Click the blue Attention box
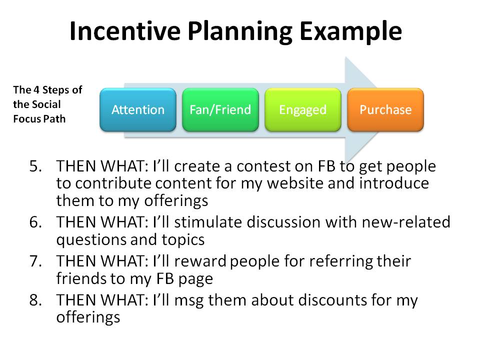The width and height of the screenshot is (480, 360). click(138, 109)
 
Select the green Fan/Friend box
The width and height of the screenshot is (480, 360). click(220, 109)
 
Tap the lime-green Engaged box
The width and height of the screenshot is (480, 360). click(303, 109)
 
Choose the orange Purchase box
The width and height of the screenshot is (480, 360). click(385, 109)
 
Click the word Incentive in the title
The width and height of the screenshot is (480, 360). click(125, 31)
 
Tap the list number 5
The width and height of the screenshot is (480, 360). click(36, 166)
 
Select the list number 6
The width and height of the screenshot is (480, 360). click(36, 222)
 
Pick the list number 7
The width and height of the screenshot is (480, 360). click(36, 261)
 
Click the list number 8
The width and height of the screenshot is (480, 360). click(36, 300)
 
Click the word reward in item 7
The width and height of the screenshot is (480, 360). click(200, 261)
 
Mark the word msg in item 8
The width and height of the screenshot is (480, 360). click(188, 301)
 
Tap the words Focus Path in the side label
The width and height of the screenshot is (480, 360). click(39, 119)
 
